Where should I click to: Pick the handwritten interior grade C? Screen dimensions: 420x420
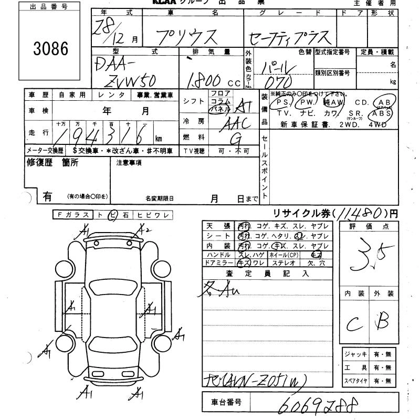pyautogui.click(x=353, y=323)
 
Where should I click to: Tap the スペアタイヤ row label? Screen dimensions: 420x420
pyautogui.click(x=355, y=381)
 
